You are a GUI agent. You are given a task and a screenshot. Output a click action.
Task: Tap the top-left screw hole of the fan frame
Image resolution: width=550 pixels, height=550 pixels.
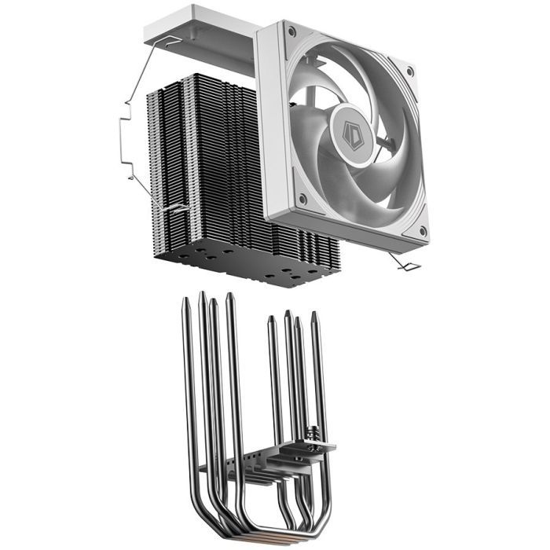(291, 32)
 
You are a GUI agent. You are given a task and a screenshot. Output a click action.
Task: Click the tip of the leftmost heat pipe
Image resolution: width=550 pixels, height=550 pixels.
(187, 302)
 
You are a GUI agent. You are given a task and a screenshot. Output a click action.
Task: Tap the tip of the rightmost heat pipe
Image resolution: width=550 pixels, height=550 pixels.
(316, 316)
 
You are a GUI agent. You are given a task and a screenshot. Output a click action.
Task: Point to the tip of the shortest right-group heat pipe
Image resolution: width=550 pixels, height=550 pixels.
(271, 320)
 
